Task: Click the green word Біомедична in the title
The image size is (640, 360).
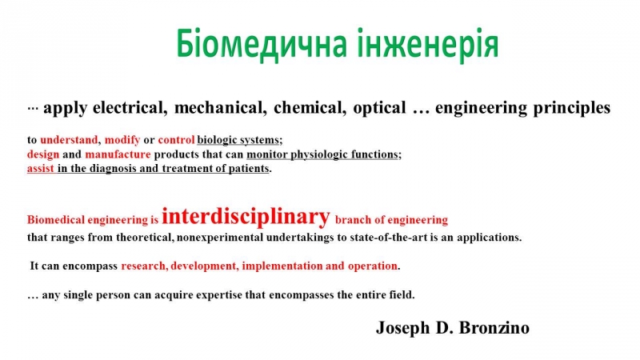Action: tap(262, 44)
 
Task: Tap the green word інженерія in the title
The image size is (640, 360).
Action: tap(428, 43)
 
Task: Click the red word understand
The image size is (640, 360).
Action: tap(70, 140)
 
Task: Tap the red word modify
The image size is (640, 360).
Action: tap(122, 140)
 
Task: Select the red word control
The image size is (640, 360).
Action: tap(176, 140)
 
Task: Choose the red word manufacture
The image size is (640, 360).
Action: tap(118, 154)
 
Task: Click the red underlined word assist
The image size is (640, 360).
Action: tap(41, 169)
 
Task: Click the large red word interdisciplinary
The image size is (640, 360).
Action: tap(246, 217)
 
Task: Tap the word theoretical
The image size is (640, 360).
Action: tap(145, 237)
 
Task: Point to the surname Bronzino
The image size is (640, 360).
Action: tap(494, 328)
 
